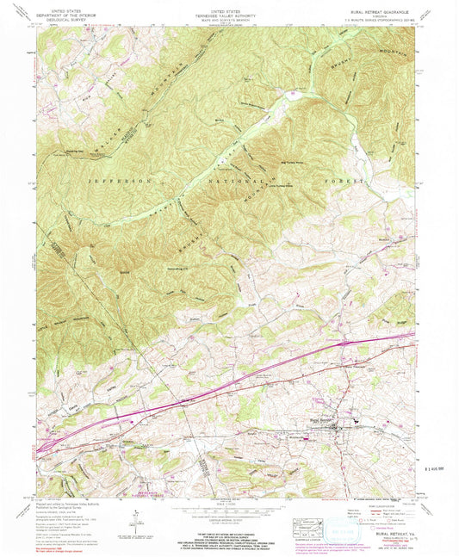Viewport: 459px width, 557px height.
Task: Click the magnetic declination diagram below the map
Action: pos(135,514)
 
